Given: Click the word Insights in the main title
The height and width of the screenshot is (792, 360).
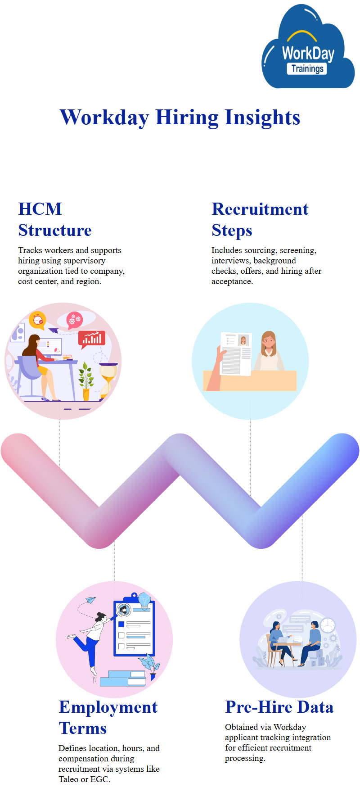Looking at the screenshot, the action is (262, 118).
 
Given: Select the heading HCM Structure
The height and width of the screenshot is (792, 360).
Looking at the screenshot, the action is (55, 220).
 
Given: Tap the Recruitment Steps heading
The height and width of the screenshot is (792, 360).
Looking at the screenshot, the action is (260, 220).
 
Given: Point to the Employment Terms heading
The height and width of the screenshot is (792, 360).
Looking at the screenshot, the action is (108, 718).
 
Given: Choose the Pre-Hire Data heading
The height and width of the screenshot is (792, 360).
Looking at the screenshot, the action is (279, 707).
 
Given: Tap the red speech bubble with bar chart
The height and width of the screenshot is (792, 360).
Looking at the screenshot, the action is (92, 339).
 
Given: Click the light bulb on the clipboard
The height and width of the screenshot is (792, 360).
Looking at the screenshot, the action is (144, 601).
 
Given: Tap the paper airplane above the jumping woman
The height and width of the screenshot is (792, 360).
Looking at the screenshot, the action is (90, 600).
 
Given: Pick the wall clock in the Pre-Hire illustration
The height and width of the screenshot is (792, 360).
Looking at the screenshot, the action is (328, 625).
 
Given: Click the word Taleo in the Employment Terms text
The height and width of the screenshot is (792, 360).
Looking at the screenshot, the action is (68, 779).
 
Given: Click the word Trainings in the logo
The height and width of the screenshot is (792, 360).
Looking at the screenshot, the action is (307, 68).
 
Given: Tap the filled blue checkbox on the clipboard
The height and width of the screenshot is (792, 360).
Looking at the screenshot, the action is (121, 624).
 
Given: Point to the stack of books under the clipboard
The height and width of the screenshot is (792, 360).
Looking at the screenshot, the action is (123, 678).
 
